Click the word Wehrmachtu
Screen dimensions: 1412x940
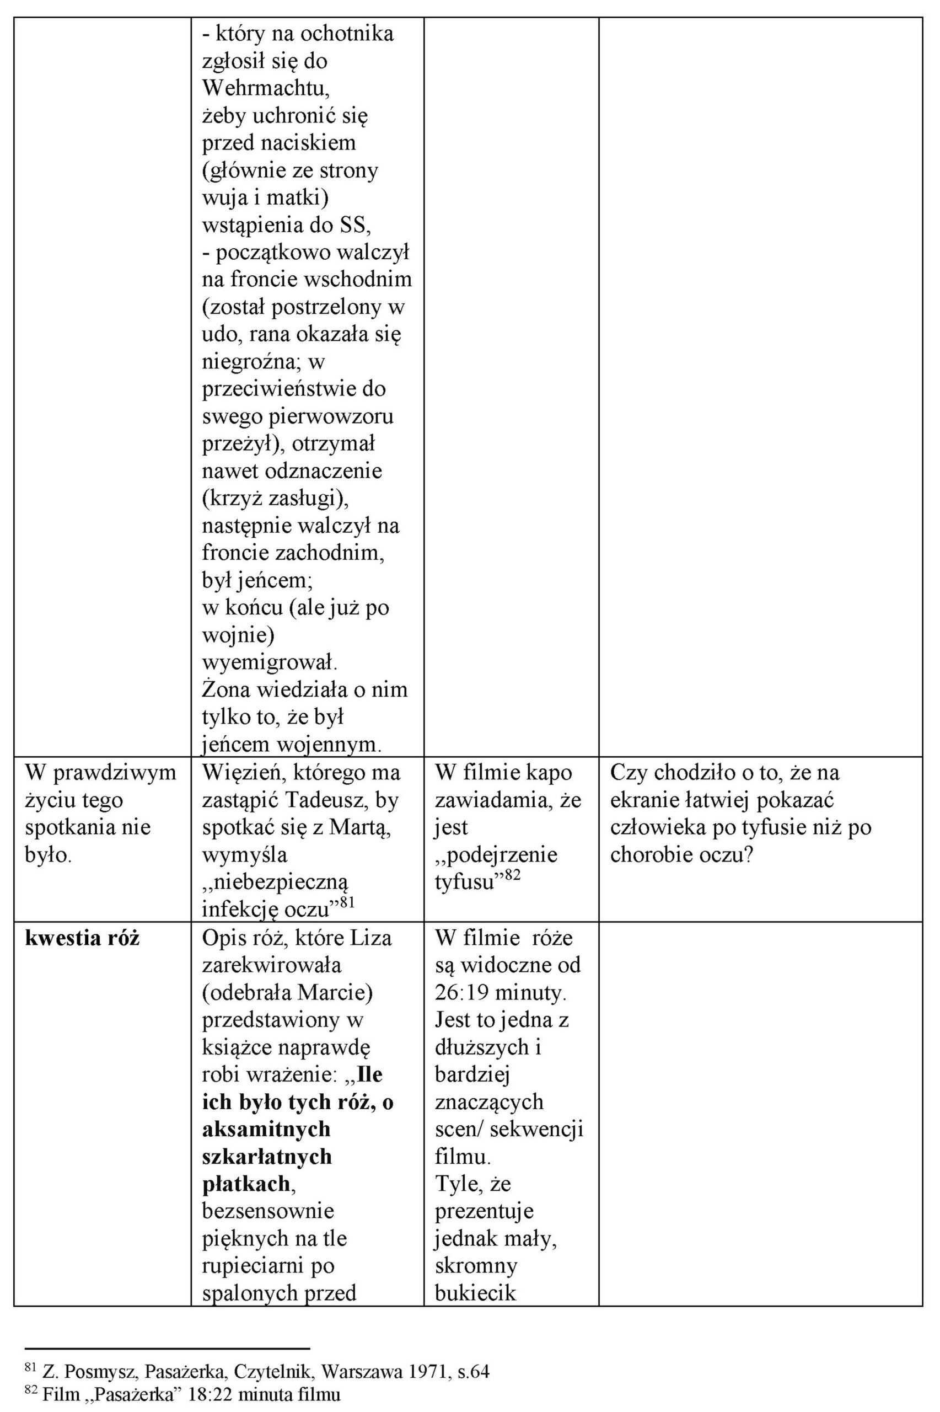[x=266, y=88]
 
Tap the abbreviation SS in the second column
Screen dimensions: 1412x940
[x=355, y=225]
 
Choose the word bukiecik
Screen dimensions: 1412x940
[x=475, y=1293]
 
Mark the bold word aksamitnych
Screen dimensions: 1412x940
[x=266, y=1129]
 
